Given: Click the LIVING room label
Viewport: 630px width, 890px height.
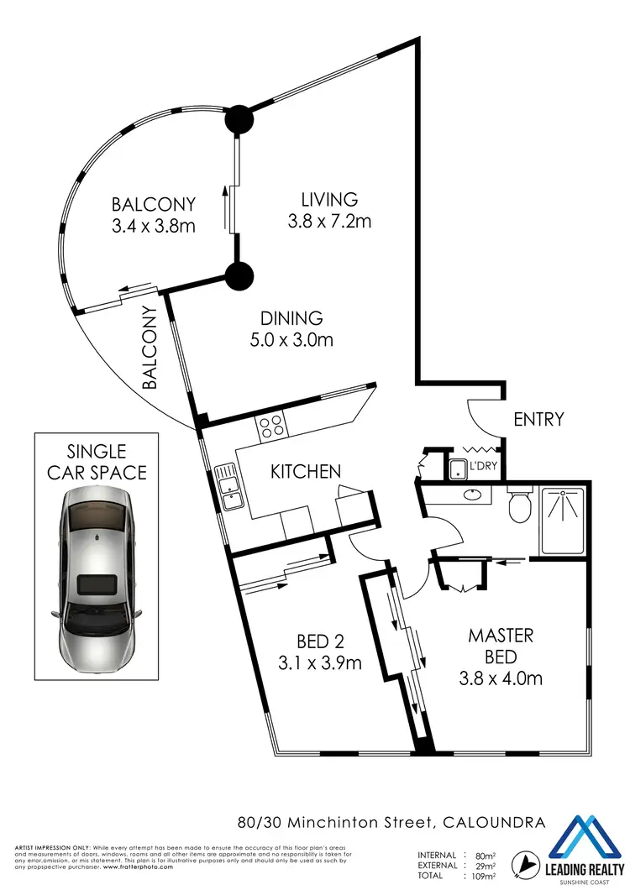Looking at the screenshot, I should pos(330,200).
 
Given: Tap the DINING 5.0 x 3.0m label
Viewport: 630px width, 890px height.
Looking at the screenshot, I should pos(291,328).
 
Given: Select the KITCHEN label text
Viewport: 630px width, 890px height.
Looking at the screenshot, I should pos(305,471).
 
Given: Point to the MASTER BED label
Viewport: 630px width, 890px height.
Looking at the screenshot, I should pos(501,646).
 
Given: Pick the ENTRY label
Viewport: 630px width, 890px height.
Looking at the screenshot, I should pos(538,419).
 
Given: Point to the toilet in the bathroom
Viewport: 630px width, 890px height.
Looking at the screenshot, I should pos(520,504).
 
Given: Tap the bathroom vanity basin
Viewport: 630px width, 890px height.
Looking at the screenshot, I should pos(468,495).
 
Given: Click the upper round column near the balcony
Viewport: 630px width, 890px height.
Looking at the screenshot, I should pos(238,118).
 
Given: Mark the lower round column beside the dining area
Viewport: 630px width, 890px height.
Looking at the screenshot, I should pos(238,274).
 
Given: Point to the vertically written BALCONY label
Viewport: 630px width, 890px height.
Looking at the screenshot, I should pos(150,347).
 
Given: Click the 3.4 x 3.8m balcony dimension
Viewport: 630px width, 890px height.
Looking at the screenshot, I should pos(154,224).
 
